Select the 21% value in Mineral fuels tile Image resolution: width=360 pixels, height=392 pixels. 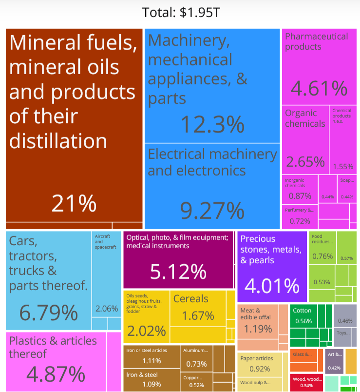[74, 203]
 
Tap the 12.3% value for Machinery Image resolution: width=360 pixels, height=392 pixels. [212, 124]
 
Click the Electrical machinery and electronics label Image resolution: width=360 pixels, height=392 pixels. [212, 162]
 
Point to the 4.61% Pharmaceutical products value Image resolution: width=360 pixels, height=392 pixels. [319, 88]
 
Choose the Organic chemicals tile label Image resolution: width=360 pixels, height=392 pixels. [305, 118]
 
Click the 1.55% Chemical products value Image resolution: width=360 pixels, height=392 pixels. [343, 166]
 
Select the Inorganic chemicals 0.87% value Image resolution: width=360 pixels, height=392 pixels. [300, 196]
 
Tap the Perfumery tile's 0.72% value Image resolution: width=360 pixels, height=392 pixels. [300, 221]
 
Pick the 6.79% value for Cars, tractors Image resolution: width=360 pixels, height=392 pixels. [48, 313]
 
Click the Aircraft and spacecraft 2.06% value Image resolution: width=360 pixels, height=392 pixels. [106, 308]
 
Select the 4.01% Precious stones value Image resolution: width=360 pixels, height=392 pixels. [272, 286]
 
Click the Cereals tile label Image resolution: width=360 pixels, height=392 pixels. [190, 299]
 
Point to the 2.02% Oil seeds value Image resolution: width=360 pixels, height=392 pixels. [146, 332]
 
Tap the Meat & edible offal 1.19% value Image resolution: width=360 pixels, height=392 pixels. [258, 329]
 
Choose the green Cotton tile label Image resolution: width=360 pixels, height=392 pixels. [302, 310]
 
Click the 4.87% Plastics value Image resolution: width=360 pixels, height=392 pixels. [56, 374]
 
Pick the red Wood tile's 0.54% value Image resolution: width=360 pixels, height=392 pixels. [306, 386]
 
